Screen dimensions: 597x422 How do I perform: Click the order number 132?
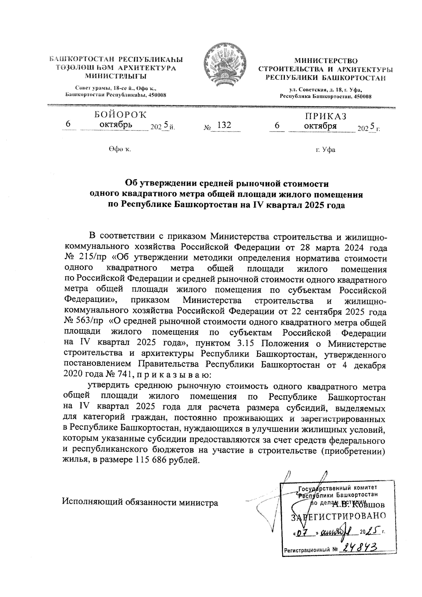[x=224, y=125]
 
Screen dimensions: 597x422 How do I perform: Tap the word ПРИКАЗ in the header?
[x=325, y=116]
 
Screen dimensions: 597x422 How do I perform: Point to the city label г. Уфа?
[x=325, y=150]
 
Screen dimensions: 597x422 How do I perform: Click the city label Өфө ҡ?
[x=120, y=150]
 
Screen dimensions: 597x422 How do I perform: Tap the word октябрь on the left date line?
[x=116, y=125]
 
